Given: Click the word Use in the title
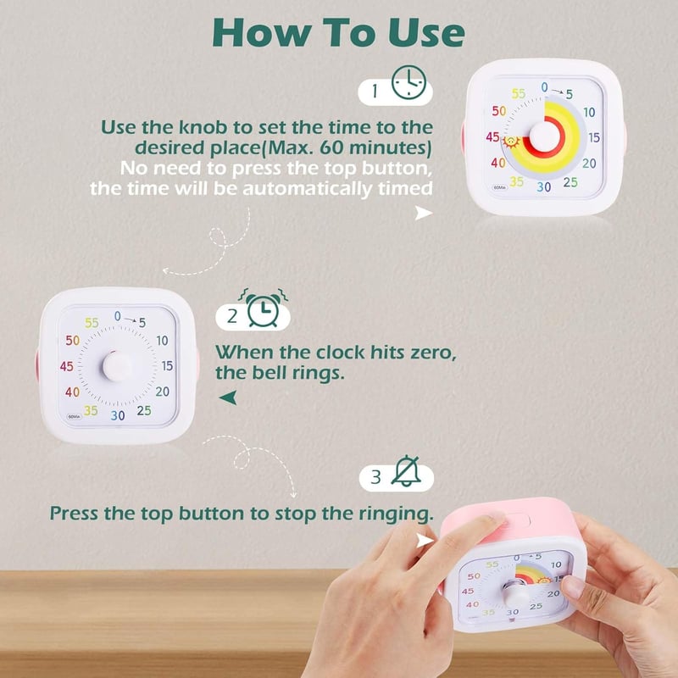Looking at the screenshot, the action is point(426,33).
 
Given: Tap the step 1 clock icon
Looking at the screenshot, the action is point(408,82).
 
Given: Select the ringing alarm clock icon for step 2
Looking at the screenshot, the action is point(264,308).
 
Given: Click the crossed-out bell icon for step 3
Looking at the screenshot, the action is point(406,471).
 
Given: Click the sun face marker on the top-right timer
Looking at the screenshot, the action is point(512,142).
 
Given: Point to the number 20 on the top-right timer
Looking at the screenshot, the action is point(589,164).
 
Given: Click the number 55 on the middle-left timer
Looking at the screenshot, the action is point(92,323).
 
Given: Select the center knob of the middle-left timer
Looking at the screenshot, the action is point(117,367).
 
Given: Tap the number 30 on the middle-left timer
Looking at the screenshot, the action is point(118,415).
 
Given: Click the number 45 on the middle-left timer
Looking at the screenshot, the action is point(67,367).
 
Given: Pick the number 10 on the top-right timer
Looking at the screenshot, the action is point(589,113).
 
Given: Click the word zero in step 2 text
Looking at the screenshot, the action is point(431,353).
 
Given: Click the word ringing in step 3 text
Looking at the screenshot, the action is point(396,514).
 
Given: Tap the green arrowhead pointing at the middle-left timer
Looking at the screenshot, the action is point(228,397).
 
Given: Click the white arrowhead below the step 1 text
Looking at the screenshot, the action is point(423,213).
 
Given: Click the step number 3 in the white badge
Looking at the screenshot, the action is point(375,477).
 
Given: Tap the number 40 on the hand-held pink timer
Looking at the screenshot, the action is point(472,604).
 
